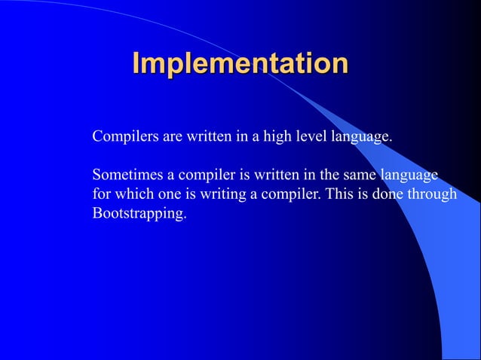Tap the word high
[x=275, y=138]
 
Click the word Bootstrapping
[x=139, y=214]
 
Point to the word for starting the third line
[x=101, y=194]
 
